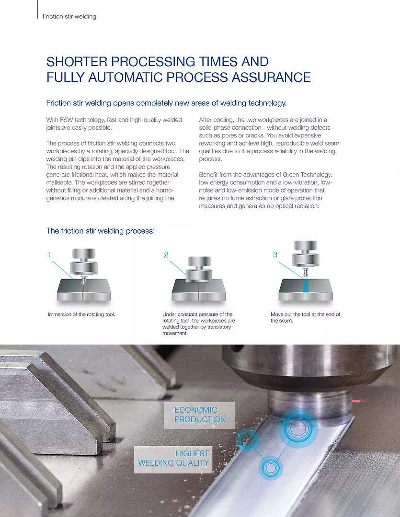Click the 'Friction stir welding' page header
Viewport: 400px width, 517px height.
pyautogui.click(x=69, y=16)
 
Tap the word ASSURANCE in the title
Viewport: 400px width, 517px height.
pyautogui.click(x=271, y=78)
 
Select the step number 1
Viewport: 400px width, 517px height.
pyautogui.click(x=49, y=255)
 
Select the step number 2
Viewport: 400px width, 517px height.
pyautogui.click(x=166, y=255)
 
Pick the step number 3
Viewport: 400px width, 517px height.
pyautogui.click(x=275, y=255)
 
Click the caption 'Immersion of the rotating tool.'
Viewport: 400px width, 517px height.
pyautogui.click(x=81, y=315)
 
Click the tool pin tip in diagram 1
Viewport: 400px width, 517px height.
pyautogui.click(x=83, y=282)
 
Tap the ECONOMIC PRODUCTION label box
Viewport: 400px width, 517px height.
pyautogui.click(x=199, y=415)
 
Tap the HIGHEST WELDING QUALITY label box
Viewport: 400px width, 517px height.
pyautogui.click(x=173, y=459)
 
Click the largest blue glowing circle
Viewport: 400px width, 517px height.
pyautogui.click(x=298, y=428)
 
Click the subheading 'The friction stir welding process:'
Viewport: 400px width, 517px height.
pyautogui.click(x=100, y=231)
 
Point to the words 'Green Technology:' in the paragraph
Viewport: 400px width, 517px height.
pyautogui.click(x=308, y=175)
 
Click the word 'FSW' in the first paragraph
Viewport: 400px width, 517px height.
pyautogui.click(x=66, y=120)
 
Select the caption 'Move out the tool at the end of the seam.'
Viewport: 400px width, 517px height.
pyautogui.click(x=305, y=317)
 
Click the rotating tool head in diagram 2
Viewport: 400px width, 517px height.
pyautogui.click(x=199, y=270)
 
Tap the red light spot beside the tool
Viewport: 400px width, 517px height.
pyautogui.click(x=356, y=401)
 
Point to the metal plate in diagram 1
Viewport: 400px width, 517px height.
pyautogui.click(x=84, y=290)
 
